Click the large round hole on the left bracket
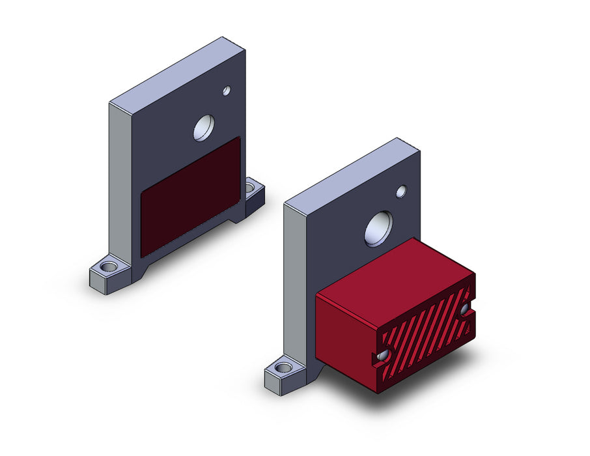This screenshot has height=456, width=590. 204,128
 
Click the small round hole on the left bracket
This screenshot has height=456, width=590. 227,91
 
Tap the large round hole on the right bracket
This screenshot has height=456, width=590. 378,229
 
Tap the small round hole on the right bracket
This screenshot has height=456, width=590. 401,192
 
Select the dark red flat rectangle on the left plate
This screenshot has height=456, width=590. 190,195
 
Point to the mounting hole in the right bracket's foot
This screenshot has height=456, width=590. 283,368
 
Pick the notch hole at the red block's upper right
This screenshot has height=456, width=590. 466,309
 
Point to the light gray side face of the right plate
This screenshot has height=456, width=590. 294,287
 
